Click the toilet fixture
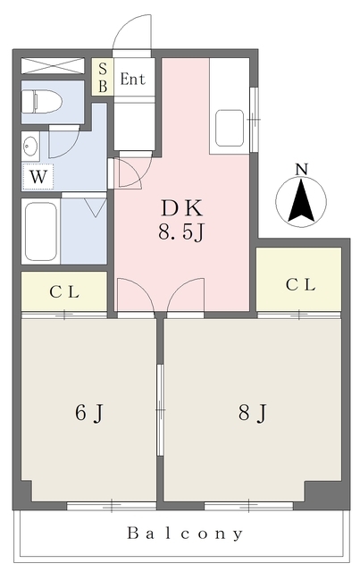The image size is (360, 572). (41, 101)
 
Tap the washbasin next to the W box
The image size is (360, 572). (30, 147)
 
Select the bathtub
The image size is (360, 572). (40, 231)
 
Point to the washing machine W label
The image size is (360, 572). (38, 177)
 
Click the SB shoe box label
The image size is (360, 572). (103, 78)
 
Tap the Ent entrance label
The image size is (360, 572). (132, 79)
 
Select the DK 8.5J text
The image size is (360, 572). (181, 221)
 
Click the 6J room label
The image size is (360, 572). (89, 413)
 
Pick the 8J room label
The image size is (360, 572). (253, 413)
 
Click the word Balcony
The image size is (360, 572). (185, 534)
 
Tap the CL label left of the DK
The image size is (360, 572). (64, 292)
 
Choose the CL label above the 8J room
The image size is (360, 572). (300, 285)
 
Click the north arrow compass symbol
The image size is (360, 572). (301, 201)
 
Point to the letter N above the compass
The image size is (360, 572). (301, 169)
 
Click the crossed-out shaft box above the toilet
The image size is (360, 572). (53, 65)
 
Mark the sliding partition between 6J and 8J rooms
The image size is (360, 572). (160, 409)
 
